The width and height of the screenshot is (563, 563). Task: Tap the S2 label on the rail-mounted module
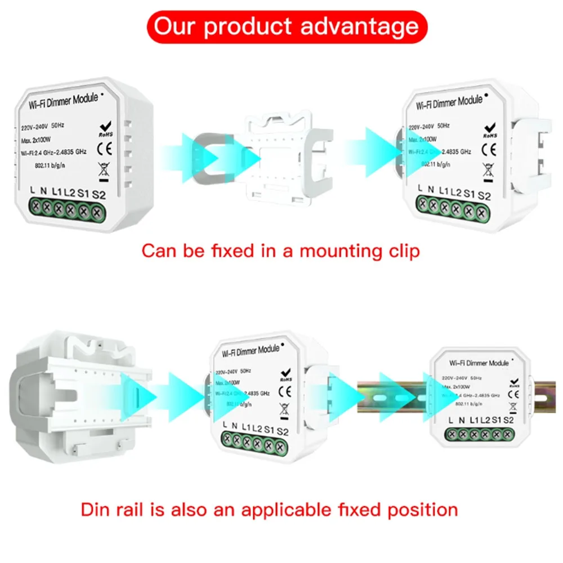pos(508,420)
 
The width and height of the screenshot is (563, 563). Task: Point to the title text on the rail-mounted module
pos(479,363)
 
